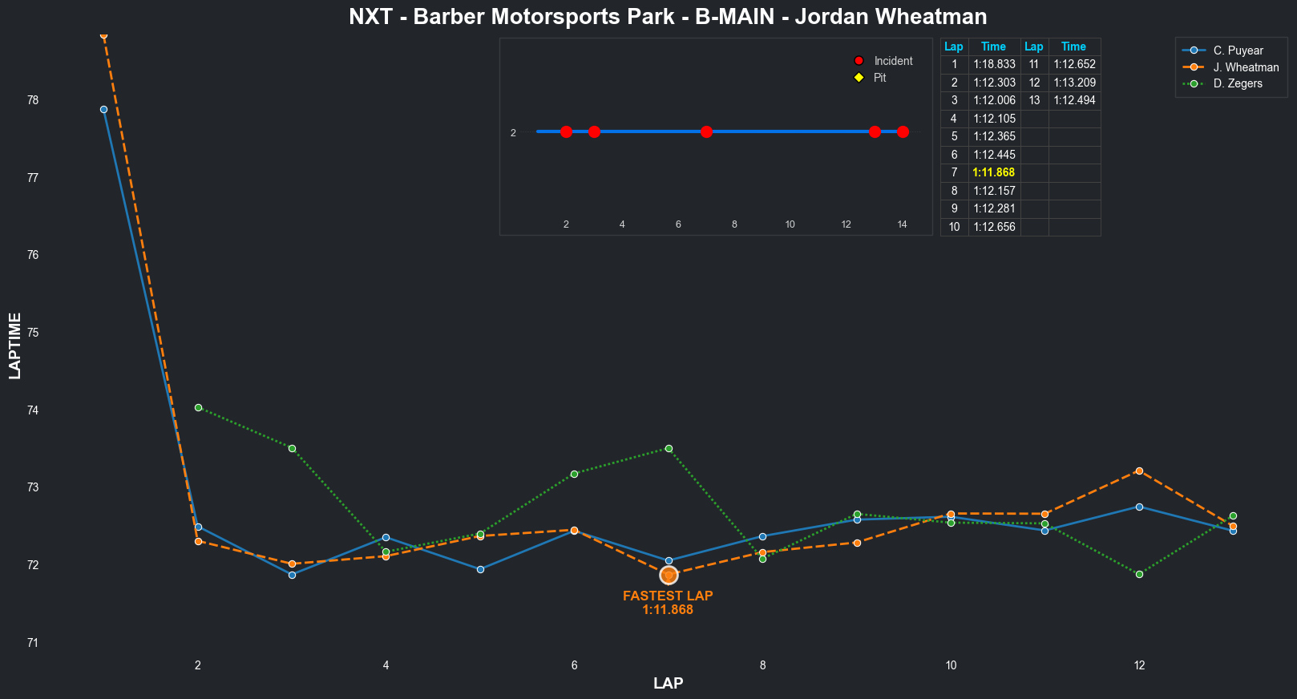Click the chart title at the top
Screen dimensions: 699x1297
tap(668, 17)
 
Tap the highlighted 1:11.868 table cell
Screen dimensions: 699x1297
tap(993, 172)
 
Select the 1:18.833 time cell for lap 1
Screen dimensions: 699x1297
tap(994, 64)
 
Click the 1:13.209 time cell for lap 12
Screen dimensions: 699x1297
tap(1074, 83)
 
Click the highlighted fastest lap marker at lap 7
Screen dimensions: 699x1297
tap(669, 575)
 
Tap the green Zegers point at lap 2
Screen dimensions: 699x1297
tap(198, 407)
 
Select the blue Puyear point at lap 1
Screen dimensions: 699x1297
tap(103, 109)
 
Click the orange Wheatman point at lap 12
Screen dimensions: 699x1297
tap(1139, 471)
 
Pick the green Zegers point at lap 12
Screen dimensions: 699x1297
tap(1139, 574)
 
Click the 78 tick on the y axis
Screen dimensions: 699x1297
tap(33, 100)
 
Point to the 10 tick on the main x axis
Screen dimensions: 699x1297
tap(951, 665)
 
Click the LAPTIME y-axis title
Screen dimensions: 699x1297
tap(15, 346)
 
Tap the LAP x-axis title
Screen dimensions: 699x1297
tap(668, 684)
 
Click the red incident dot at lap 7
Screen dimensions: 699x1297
tap(706, 131)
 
